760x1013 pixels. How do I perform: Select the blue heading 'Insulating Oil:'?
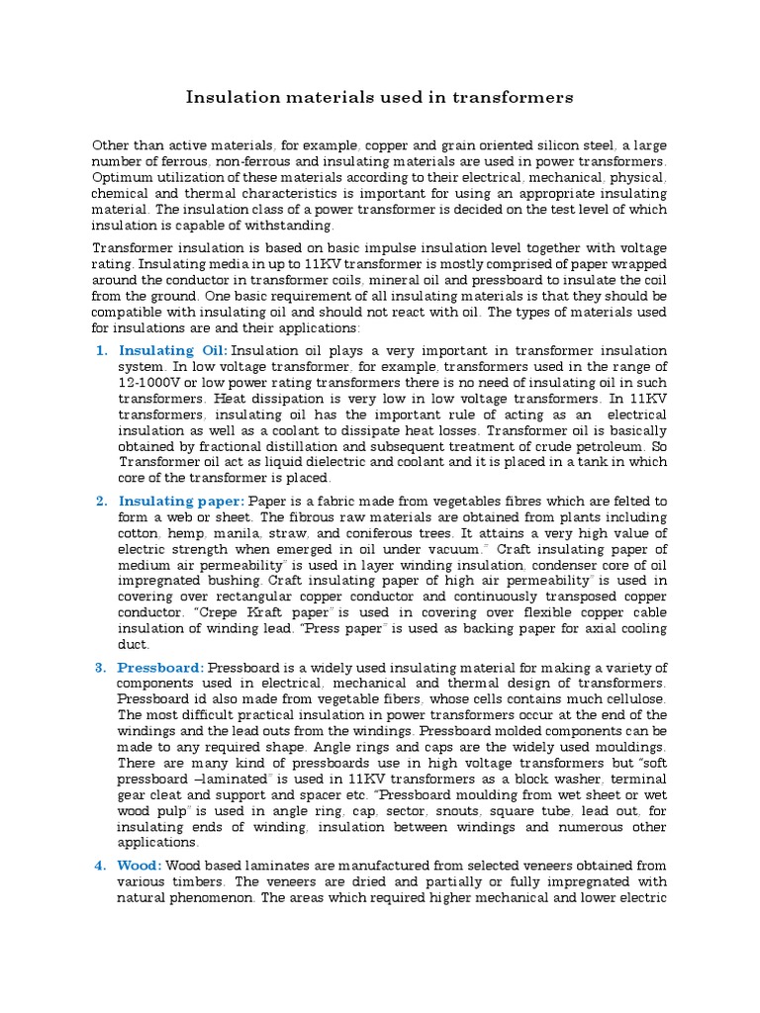click(x=173, y=350)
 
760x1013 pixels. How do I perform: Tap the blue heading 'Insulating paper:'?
click(x=182, y=502)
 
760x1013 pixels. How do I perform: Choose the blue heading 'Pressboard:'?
click(x=161, y=668)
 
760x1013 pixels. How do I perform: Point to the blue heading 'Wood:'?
click(x=142, y=866)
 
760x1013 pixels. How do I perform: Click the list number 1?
click(x=101, y=350)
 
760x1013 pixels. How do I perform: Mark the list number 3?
click(x=101, y=668)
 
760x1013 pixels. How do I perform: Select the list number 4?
click(x=101, y=866)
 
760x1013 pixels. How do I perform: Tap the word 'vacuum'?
click(x=452, y=549)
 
